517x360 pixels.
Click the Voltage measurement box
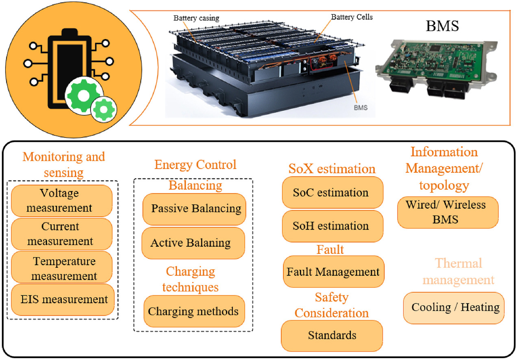(x=62, y=200)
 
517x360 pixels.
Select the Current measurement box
(x=62, y=234)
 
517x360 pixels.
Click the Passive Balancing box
(x=194, y=209)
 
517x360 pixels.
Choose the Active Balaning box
(x=193, y=243)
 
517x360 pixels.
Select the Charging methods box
(x=193, y=312)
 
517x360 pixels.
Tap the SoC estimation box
(x=332, y=192)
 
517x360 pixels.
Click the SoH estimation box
(x=332, y=226)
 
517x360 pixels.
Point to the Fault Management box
(x=333, y=271)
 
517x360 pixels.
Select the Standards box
(x=332, y=336)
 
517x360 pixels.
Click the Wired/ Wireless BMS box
(x=447, y=212)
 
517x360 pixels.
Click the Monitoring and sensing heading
(x=63, y=164)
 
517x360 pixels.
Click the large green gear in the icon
(x=83, y=95)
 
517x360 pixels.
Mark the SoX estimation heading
(x=332, y=168)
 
